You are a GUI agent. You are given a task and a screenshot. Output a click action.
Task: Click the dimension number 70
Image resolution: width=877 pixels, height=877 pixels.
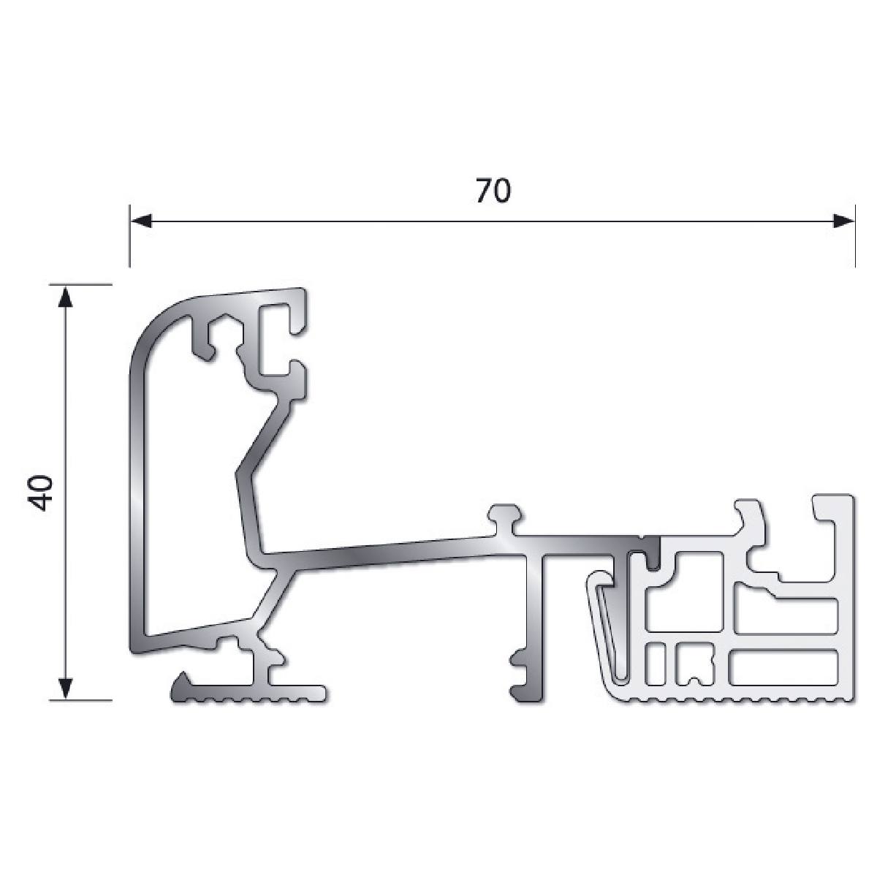coord(493,191)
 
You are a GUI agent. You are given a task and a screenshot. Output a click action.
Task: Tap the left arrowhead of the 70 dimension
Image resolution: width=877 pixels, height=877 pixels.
coord(141,221)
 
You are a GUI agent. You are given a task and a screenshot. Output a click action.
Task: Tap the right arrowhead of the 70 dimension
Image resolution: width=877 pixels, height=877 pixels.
coord(843,221)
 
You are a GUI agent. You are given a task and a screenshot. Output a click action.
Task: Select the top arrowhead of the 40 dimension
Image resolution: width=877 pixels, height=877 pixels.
coord(66,296)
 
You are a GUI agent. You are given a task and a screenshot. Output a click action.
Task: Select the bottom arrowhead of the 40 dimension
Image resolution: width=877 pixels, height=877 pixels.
coord(66,688)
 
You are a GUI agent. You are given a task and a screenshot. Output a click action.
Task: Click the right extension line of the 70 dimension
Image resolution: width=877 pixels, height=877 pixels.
coord(855,236)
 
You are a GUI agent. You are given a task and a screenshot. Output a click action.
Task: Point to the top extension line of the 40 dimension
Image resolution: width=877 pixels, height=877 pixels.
coord(80,284)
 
